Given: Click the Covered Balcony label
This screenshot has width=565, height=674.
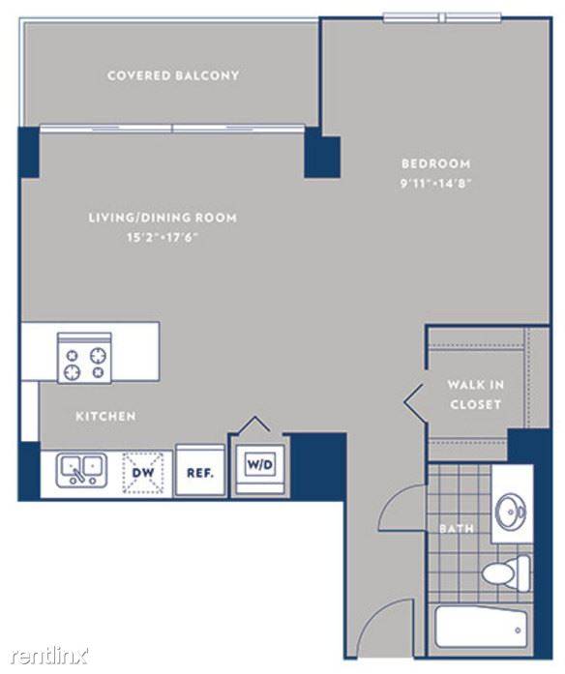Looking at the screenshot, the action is point(173,75).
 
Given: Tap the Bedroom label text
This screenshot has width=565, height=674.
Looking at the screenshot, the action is point(436,163).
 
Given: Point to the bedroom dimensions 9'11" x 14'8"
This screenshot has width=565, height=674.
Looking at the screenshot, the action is point(436,184).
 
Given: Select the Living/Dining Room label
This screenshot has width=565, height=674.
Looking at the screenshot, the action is point(163,218).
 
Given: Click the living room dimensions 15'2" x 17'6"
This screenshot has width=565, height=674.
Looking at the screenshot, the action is point(163,237).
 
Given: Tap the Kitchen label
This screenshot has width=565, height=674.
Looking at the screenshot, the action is point(105,416).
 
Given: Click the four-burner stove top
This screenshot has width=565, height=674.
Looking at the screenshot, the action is point(85,358).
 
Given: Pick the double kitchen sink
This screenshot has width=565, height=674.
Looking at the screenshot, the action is point(81,471).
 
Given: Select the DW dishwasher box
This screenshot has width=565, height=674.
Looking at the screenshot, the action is point(143,473).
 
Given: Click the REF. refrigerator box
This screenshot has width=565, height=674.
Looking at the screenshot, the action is point(200,471).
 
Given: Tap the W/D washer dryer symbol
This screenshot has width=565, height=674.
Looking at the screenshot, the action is point(260,464).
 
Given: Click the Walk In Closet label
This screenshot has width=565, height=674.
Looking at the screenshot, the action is point(476,395).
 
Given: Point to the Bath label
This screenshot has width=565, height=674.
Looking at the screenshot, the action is point(457,528).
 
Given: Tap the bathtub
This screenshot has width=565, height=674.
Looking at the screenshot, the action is point(481,627).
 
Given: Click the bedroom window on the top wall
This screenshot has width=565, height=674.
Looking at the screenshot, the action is point(442,18).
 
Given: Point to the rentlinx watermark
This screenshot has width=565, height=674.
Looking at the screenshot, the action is point(49,656).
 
